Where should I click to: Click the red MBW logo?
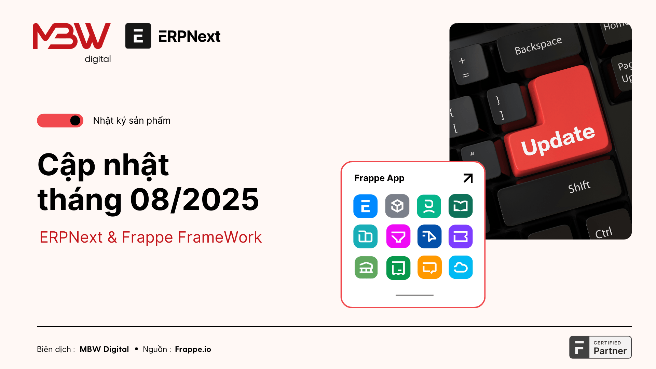[72, 36]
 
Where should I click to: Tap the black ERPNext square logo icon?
[138, 36]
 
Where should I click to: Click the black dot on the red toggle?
[75, 121]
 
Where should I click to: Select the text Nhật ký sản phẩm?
[132, 121]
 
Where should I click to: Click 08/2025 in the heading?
[194, 200]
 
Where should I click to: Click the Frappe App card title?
[379, 178]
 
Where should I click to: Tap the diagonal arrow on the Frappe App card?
[468, 178]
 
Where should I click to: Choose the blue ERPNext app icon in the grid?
[366, 206]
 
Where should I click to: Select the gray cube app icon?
[397, 206]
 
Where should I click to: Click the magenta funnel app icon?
[398, 236]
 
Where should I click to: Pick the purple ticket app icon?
[461, 236]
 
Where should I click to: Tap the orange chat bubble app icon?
[429, 267]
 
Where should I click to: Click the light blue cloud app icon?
[461, 267]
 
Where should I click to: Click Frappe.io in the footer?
[193, 349]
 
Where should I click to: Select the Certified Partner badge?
[600, 347]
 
